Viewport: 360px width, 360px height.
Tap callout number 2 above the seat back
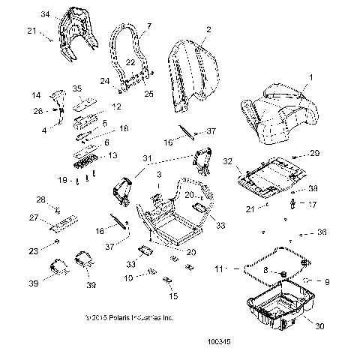208,29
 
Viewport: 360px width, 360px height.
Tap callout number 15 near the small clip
175,296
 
